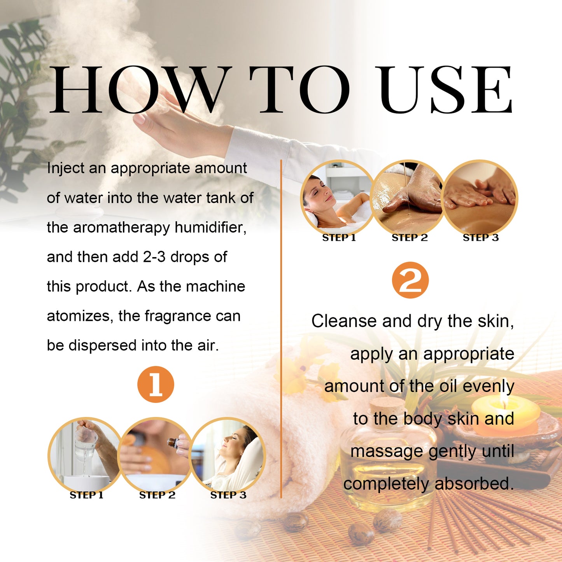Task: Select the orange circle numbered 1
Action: tap(156, 384)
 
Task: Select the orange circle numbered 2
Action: tap(410, 280)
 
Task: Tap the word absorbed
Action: tap(474, 484)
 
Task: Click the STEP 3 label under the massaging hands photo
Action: tap(480, 238)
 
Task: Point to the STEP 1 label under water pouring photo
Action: tap(86, 495)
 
